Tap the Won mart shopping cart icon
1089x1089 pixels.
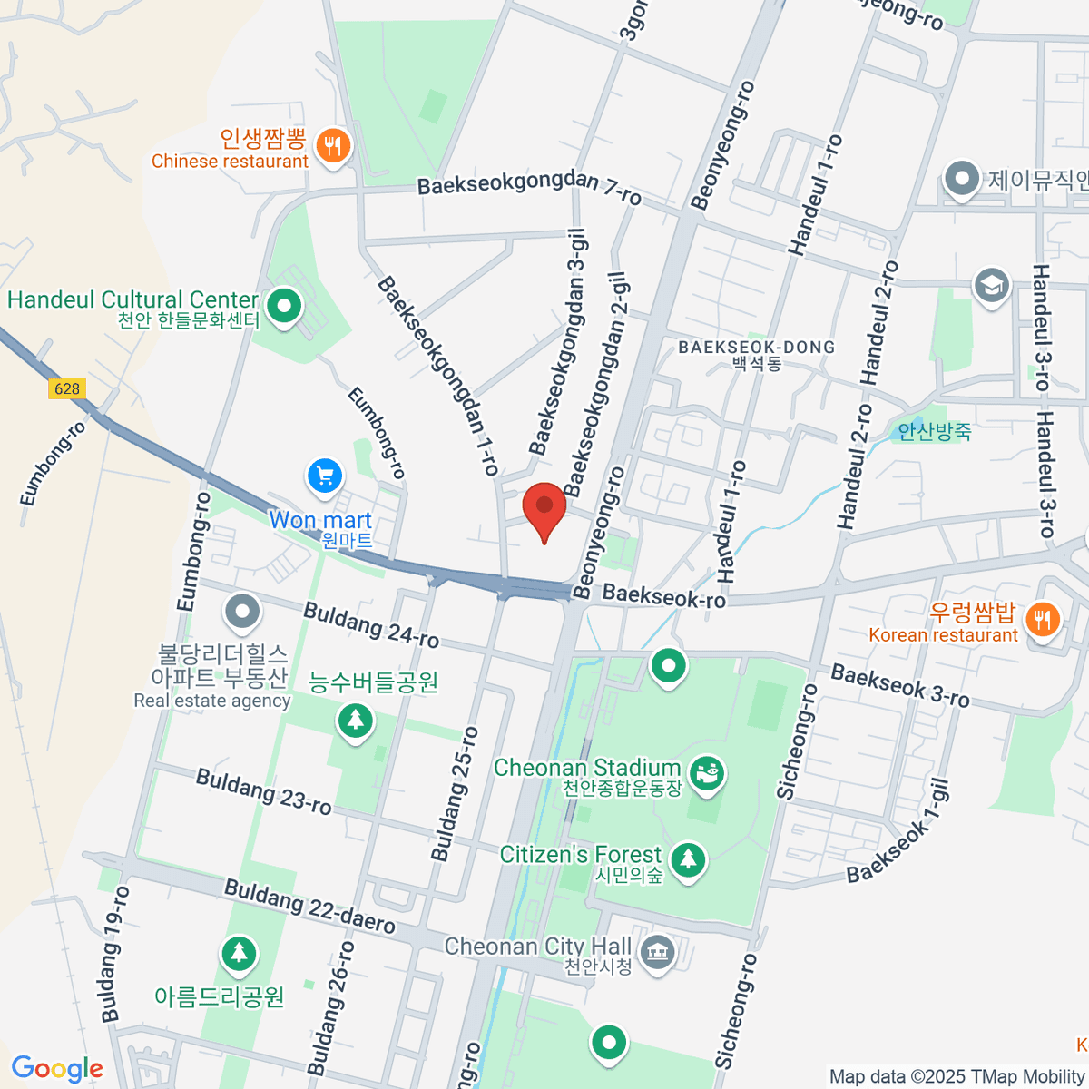click(325, 476)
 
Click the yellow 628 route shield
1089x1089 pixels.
click(67, 388)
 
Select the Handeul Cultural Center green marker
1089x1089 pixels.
click(285, 305)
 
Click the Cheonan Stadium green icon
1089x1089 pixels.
click(706, 773)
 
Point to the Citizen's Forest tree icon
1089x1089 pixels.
click(689, 858)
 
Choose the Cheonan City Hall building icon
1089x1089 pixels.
click(655, 953)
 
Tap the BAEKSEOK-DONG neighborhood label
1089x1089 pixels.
click(756, 348)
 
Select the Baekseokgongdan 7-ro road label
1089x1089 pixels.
click(529, 188)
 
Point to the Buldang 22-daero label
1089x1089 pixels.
click(309, 907)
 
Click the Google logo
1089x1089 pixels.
click(57, 1068)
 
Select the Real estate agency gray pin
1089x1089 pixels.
click(241, 613)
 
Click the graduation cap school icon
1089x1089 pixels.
click(991, 285)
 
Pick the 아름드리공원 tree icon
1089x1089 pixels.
click(239, 954)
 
